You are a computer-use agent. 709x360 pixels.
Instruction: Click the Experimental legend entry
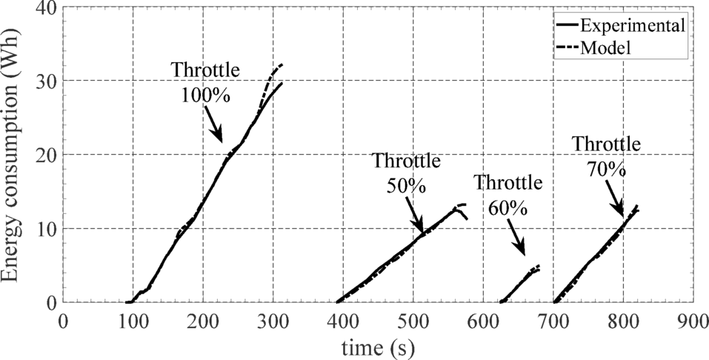click(x=630, y=25)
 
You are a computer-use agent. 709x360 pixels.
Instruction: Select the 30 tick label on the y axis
click(x=44, y=81)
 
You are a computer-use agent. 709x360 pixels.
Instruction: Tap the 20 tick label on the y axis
click(x=44, y=155)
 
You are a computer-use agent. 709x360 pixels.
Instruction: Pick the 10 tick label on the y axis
click(x=44, y=229)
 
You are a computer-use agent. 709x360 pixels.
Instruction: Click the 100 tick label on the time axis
click(x=133, y=324)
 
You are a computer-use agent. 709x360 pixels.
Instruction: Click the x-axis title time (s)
click(x=378, y=347)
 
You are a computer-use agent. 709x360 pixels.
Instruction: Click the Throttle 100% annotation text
click(x=206, y=81)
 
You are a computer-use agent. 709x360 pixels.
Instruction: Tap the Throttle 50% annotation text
click(x=407, y=172)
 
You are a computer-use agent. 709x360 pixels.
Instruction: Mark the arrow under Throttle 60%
click(x=516, y=240)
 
